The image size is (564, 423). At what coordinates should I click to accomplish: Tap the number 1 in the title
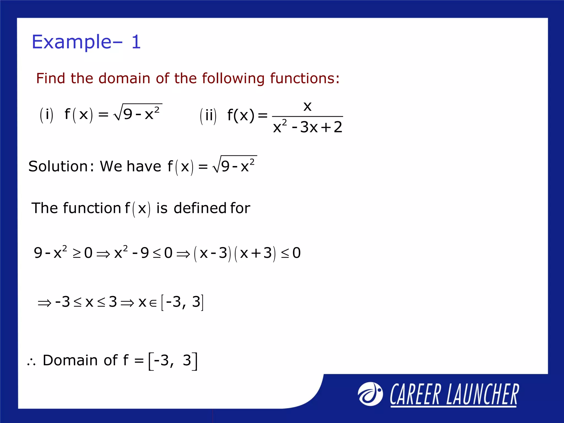tap(136, 42)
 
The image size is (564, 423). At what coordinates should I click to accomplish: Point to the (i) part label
tap(47, 115)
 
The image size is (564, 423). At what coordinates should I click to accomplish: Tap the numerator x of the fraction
tap(307, 106)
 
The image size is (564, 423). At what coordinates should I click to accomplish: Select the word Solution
tap(58, 167)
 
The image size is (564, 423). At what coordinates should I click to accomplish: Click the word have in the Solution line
tap(144, 167)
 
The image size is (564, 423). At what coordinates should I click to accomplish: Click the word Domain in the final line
tap(70, 360)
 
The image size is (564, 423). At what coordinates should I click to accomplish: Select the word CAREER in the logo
tap(415, 395)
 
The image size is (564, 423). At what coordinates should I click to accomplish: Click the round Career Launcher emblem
tap(370, 394)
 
